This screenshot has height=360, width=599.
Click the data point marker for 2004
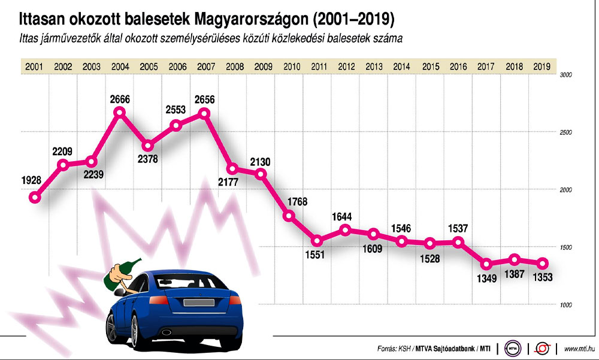120,112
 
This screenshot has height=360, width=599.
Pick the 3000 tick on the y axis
566,75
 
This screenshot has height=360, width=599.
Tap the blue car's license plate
196,302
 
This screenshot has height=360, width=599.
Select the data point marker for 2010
290,216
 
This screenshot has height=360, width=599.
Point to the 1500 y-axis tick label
566,247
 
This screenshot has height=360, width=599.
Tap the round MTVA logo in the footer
514,348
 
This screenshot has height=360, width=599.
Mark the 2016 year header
458,66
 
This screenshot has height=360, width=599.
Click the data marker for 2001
35,197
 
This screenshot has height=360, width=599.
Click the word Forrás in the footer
389,348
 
